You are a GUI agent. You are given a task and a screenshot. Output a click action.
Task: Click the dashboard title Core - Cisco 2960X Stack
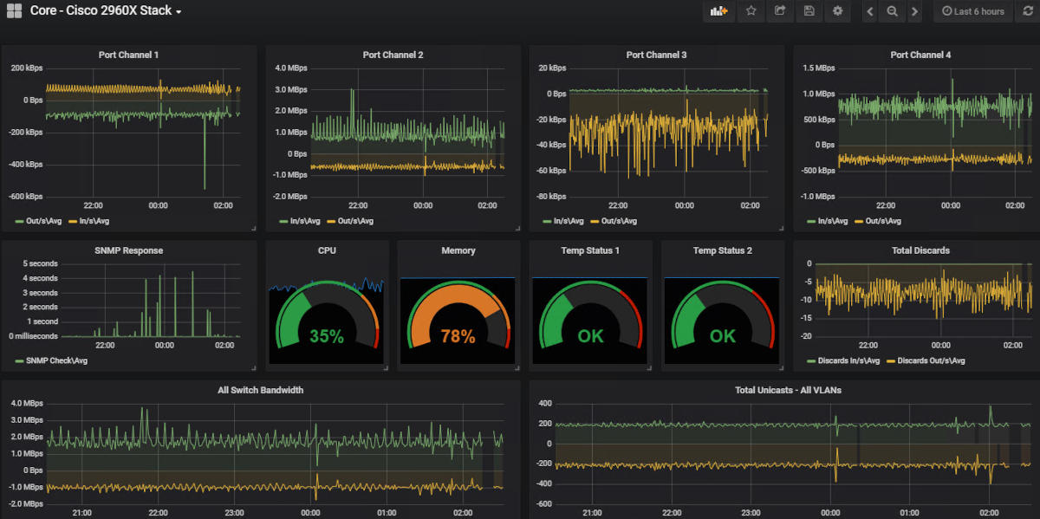coord(101,11)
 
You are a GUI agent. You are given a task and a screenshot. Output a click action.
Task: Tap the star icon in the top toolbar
coord(751,11)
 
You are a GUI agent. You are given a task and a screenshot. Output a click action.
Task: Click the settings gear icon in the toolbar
coord(837,11)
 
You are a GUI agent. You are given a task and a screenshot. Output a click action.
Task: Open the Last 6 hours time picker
coord(973,11)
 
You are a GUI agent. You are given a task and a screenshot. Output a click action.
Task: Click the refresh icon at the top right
coord(1027,11)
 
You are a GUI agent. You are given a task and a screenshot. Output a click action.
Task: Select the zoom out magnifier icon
coord(892,11)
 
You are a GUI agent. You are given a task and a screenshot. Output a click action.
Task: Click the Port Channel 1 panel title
coord(128,55)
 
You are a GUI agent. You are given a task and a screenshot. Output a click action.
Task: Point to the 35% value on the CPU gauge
coord(327,336)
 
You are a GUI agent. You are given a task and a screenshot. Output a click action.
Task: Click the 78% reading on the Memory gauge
coord(458,336)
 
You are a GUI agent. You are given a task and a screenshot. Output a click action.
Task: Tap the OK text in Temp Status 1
coord(590,336)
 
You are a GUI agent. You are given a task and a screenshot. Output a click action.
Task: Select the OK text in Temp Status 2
coord(722,336)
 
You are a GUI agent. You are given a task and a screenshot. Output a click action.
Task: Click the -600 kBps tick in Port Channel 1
coord(26,197)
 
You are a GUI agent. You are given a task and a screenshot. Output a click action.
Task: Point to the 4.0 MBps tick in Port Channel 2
coord(290,68)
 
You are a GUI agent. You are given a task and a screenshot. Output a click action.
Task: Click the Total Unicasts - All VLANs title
coord(788,390)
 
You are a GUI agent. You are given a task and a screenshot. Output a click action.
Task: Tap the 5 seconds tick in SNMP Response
coord(40,263)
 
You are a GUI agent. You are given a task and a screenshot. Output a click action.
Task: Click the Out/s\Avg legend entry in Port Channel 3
coord(618,221)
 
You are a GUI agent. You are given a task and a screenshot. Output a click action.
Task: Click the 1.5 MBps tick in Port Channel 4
coord(818,68)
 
